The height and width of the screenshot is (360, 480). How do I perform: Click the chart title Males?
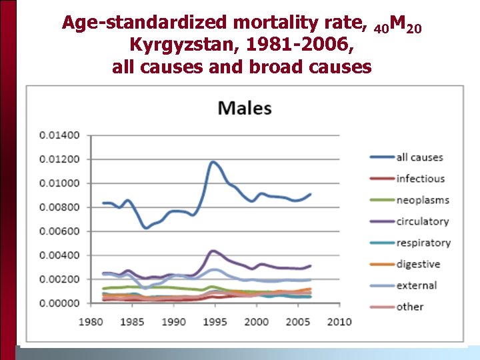click(245, 107)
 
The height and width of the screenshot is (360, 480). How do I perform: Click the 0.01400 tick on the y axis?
click(59, 135)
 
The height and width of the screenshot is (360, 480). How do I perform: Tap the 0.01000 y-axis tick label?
click(59, 183)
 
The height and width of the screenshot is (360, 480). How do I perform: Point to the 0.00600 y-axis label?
click(59, 231)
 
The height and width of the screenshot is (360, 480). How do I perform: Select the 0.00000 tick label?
click(59, 303)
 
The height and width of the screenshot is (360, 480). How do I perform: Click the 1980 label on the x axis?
click(91, 322)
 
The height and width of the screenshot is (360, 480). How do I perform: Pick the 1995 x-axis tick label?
click(215, 322)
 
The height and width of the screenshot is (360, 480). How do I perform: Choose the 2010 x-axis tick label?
click(339, 322)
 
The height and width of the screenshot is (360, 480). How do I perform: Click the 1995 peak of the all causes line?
click(213, 162)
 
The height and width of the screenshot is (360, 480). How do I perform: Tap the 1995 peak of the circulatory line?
click(213, 251)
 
